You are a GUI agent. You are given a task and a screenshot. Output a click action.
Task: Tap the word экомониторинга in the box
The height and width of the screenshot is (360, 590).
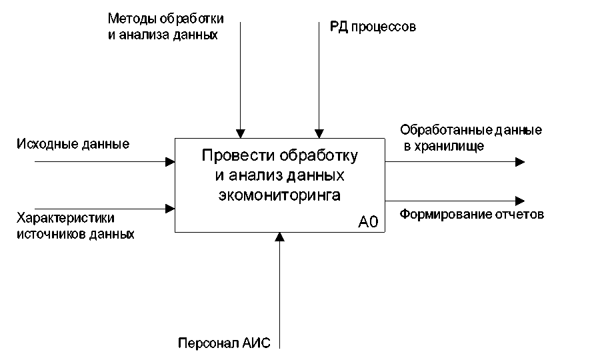pyautogui.click(x=279, y=195)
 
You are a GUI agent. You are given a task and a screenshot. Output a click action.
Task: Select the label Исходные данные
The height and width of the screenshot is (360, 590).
pyautogui.click(x=73, y=144)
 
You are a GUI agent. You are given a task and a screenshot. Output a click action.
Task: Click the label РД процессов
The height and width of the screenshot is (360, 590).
pyautogui.click(x=373, y=27)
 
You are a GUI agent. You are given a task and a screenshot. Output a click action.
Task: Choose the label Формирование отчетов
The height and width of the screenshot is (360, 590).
pyautogui.click(x=472, y=215)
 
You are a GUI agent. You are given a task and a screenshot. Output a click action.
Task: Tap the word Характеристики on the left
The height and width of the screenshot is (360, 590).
pyautogui.click(x=65, y=219)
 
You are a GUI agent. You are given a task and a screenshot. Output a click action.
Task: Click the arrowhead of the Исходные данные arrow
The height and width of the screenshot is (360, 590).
pyautogui.click(x=170, y=161)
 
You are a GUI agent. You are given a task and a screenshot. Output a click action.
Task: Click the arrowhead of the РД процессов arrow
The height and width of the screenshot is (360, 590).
pyautogui.click(x=319, y=133)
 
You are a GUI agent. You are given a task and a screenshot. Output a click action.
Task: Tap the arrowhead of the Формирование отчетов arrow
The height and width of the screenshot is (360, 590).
pyautogui.click(x=520, y=200)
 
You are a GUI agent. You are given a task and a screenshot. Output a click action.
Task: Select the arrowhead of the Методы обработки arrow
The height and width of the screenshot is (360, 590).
pyautogui.click(x=240, y=133)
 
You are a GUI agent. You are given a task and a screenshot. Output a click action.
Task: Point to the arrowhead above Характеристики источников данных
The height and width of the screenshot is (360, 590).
pyautogui.click(x=170, y=208)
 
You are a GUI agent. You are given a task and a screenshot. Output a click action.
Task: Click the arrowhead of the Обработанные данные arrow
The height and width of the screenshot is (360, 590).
pyautogui.click(x=520, y=161)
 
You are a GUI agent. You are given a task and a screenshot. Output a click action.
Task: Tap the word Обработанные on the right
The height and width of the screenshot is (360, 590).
pyautogui.click(x=440, y=129)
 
